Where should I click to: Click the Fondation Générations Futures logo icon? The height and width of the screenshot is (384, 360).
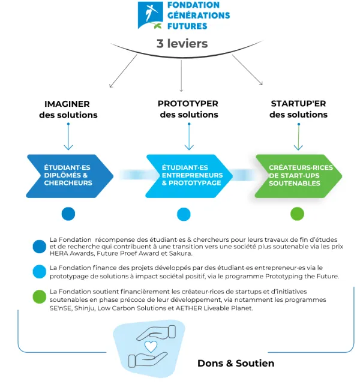150,15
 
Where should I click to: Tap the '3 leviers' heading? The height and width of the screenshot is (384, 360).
182,44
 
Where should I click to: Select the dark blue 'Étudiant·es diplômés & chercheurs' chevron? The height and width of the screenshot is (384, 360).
70,176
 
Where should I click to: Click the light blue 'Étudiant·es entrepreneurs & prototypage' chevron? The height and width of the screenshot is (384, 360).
189,176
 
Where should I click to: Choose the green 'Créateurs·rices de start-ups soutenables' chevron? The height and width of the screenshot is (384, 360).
298,176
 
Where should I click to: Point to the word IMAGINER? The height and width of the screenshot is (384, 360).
67,104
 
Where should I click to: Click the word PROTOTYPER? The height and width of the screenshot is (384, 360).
188,104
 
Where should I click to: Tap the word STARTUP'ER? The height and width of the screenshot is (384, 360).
298,104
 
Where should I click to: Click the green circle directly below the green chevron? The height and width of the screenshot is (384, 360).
298,214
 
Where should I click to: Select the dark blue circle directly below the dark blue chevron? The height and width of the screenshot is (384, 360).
68,214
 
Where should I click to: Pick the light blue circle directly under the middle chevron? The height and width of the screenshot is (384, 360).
184,214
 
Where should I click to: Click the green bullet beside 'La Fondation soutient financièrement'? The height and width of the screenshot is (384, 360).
40,297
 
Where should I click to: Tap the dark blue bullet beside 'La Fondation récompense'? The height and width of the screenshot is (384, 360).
40,247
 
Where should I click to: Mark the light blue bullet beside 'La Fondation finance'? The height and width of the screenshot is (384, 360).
40,272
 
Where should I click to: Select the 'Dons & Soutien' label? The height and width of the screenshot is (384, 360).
236,364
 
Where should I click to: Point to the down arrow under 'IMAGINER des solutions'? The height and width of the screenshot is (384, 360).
68,136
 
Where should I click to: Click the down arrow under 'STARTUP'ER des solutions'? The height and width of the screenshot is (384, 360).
299,137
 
